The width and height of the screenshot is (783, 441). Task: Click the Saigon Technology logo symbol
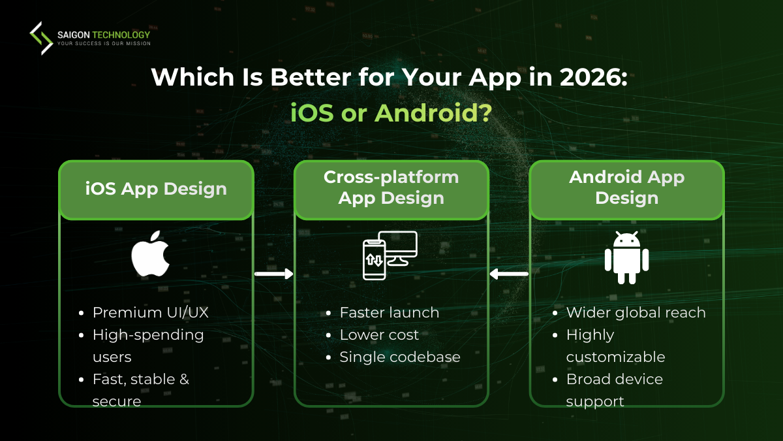[41, 38]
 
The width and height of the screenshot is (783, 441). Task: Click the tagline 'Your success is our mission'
[104, 44]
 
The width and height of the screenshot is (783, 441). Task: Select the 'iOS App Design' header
[156, 189]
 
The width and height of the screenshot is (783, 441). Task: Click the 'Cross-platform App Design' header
[391, 188]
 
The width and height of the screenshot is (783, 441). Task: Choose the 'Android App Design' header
[626, 188]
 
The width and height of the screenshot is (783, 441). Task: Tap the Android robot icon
[626, 257]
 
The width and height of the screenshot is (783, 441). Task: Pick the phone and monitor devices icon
[390, 255]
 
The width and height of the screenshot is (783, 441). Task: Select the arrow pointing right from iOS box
[273, 274]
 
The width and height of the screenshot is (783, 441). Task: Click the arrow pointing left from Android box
[509, 274]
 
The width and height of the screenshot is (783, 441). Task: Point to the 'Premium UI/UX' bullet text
[151, 312]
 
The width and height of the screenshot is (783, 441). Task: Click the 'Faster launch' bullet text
[390, 312]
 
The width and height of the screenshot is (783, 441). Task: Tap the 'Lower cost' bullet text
[379, 335]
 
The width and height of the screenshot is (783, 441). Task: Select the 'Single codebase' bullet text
[400, 357]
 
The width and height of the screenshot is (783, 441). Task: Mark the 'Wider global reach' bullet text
[636, 312]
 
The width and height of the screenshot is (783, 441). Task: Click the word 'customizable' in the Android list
[615, 357]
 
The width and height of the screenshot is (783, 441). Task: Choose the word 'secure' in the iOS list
[117, 401]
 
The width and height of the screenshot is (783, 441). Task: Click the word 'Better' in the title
[309, 78]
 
